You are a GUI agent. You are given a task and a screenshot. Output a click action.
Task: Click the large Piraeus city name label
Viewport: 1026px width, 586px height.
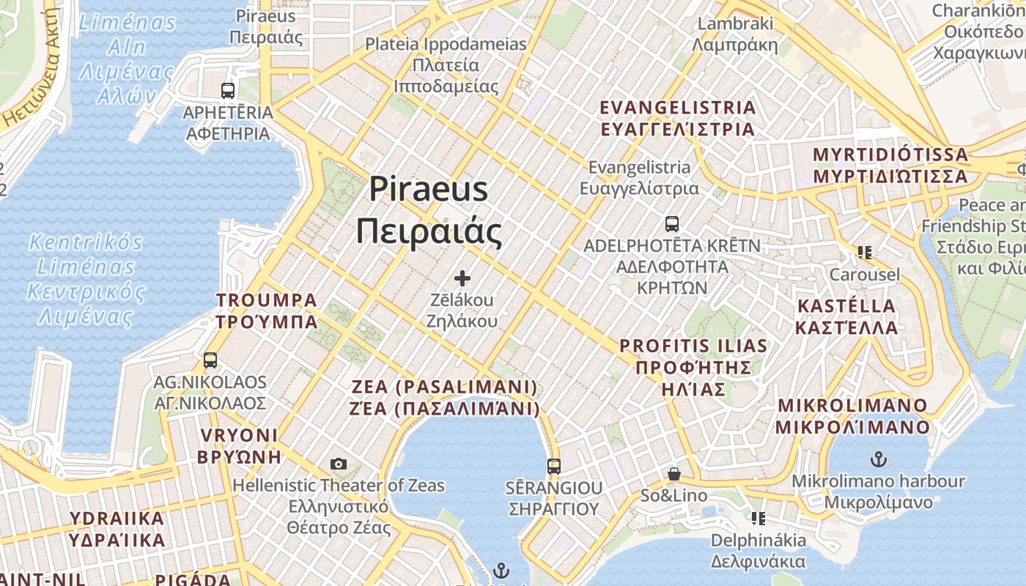click(x=429, y=210)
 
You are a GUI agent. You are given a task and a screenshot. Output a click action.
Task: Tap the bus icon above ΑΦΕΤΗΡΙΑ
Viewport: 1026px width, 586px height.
click(x=228, y=91)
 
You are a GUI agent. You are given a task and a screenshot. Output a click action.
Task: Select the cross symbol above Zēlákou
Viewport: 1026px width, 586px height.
click(x=462, y=278)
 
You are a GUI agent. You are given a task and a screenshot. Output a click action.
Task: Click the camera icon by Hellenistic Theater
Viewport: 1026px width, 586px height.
click(x=338, y=464)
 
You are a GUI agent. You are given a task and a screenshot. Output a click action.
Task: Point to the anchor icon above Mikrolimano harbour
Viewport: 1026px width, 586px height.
click(x=878, y=460)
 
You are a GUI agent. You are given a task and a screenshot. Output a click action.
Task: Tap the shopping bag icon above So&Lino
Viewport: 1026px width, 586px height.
click(x=673, y=475)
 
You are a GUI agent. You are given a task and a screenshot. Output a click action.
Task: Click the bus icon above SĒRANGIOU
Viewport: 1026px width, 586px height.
click(x=554, y=466)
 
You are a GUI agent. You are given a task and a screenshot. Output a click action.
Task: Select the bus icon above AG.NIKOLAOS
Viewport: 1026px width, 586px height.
click(x=210, y=360)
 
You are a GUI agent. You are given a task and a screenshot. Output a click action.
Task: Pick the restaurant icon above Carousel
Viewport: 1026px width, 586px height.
click(x=865, y=253)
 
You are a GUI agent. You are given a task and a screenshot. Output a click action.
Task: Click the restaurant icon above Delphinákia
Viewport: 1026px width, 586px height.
click(x=759, y=519)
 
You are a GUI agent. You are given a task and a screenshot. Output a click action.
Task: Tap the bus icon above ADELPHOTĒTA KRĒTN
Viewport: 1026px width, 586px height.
click(x=672, y=224)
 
